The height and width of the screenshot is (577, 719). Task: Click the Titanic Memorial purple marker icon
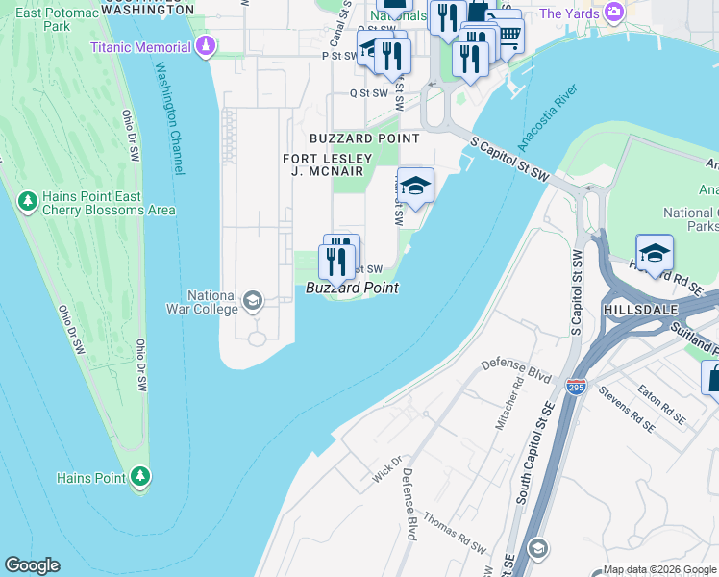click(205, 47)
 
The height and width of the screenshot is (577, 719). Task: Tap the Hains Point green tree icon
click(140, 477)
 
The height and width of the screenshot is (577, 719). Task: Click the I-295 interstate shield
click(576, 387)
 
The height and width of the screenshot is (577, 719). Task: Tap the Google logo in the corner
click(32, 565)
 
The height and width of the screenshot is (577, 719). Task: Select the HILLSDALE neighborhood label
click(640, 310)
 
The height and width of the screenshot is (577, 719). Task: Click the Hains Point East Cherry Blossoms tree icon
click(27, 202)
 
